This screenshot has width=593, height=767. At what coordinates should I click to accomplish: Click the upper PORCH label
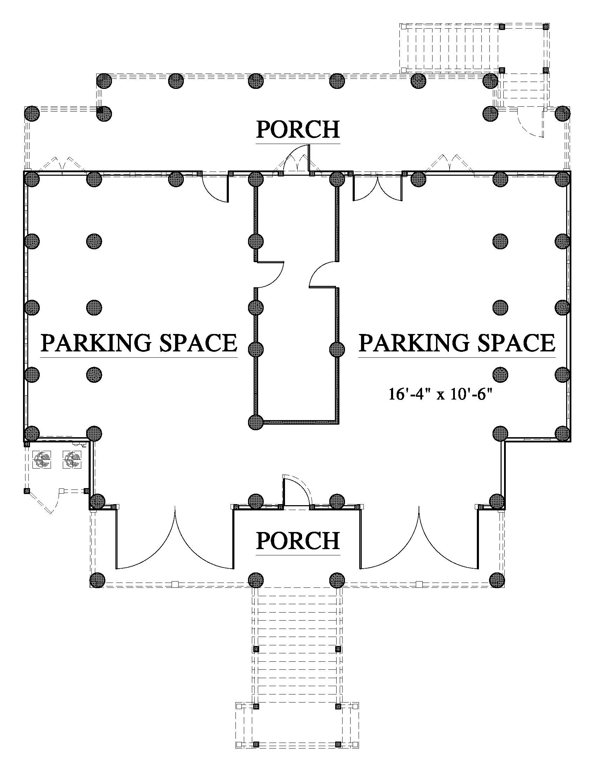click(298, 129)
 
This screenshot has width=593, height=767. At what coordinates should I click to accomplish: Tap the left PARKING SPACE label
click(139, 343)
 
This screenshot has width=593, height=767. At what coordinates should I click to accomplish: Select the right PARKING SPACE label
click(457, 343)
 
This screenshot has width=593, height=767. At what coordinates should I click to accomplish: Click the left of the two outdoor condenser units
click(42, 460)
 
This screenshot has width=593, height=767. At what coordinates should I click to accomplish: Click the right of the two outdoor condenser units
click(72, 460)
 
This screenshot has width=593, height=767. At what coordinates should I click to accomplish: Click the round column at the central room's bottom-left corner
click(256, 422)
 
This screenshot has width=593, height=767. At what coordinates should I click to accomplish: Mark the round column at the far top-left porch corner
click(32, 113)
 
